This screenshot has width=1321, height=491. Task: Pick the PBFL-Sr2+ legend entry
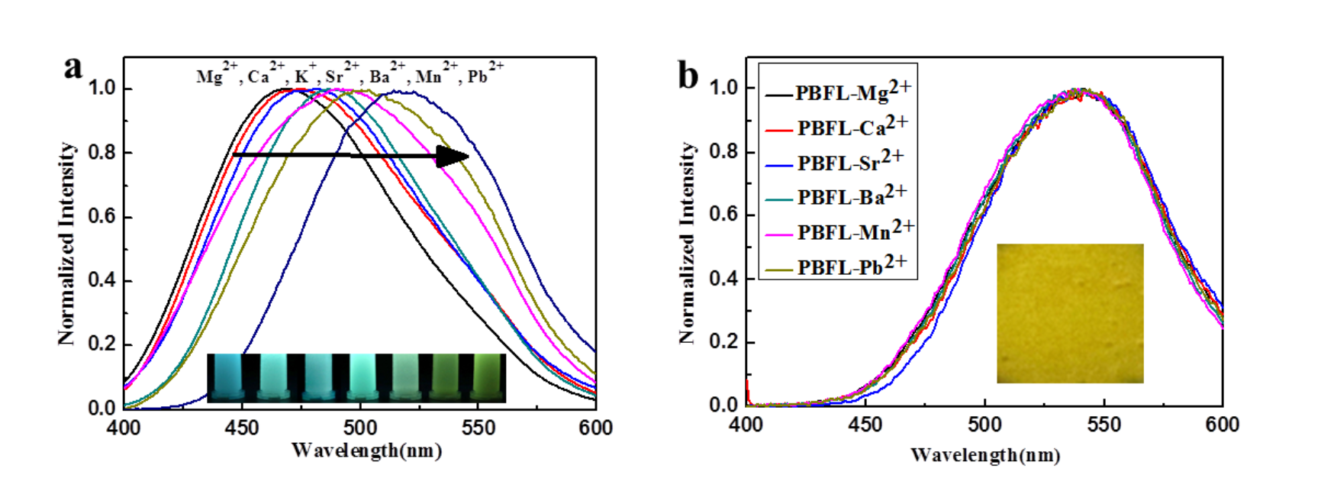click(837, 162)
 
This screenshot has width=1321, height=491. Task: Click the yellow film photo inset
click(1070, 313)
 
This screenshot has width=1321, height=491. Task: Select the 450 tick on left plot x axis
click(242, 427)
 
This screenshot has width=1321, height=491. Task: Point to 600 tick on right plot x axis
click(1222, 424)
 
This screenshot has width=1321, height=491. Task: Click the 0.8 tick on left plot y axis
click(101, 151)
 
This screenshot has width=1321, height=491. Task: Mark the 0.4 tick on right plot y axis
click(723, 278)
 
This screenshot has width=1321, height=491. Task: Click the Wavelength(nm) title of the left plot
click(367, 450)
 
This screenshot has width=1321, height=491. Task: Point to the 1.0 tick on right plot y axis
click(723, 87)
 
